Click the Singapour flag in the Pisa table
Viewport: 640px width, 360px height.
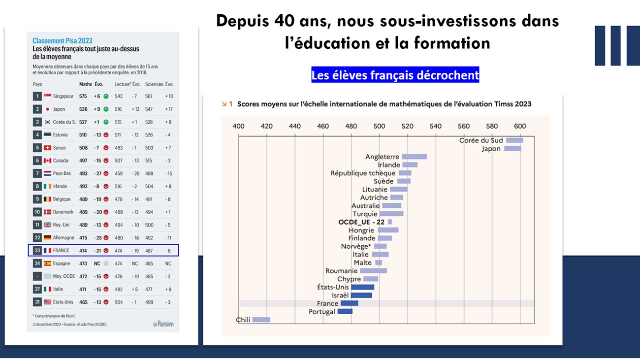[x=47, y=96]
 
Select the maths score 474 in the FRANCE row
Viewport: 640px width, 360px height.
[x=83, y=250]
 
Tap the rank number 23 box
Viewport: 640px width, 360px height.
[x=37, y=250]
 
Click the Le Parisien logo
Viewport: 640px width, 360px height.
[x=163, y=324]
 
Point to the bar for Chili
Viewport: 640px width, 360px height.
[x=261, y=320]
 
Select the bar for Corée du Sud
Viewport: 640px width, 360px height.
[x=514, y=140]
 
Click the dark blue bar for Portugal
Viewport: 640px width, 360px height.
[x=345, y=311]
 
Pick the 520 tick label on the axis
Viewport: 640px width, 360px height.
[x=407, y=126]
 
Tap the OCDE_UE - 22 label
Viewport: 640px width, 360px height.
[x=361, y=222]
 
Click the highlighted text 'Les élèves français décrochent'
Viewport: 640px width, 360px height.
[x=395, y=75]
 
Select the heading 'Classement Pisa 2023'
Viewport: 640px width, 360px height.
[x=63, y=41]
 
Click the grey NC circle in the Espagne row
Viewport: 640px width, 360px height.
[x=105, y=263]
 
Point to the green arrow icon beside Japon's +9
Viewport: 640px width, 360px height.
[x=105, y=109]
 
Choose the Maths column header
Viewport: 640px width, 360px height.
[x=85, y=84]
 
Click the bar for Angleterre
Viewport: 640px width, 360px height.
[x=414, y=157]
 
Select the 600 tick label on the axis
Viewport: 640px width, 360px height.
[x=520, y=126]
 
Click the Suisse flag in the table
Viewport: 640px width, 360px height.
[x=47, y=148]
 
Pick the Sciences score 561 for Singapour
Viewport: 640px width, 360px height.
[x=149, y=96]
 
